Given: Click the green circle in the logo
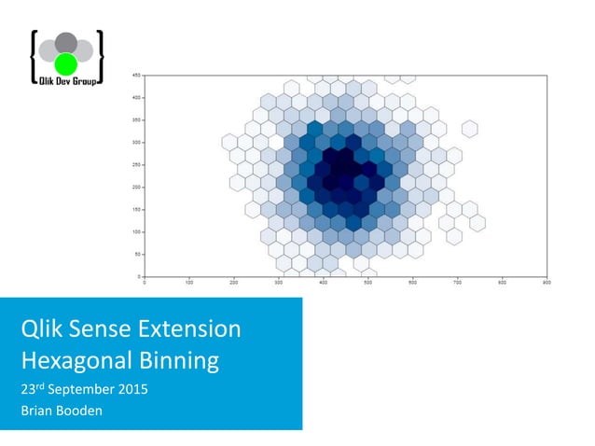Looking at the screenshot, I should (65, 63).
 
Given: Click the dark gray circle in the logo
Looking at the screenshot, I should (65, 43).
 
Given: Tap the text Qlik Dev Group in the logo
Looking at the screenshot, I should (65, 81).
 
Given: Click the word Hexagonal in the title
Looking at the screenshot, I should (75, 361).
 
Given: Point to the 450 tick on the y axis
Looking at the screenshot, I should (136, 75).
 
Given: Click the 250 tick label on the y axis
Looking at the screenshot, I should (136, 164).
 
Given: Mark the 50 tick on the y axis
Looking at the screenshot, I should (137, 254).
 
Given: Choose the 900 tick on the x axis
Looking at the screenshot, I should (547, 282).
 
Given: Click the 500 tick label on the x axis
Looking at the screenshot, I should (368, 282).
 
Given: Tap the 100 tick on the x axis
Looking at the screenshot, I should (189, 282).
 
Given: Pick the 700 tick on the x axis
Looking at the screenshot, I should (458, 282).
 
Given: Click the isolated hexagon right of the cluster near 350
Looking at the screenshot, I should (469, 128).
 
